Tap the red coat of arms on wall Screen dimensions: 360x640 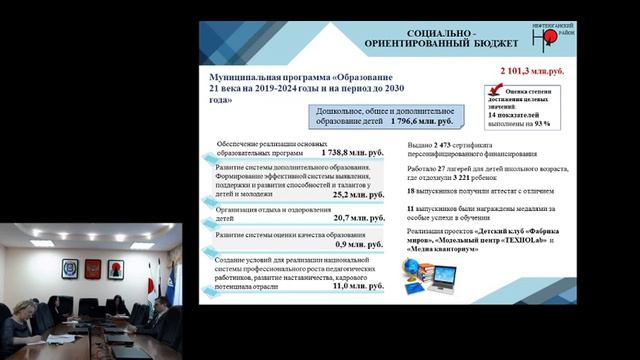[93, 270]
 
